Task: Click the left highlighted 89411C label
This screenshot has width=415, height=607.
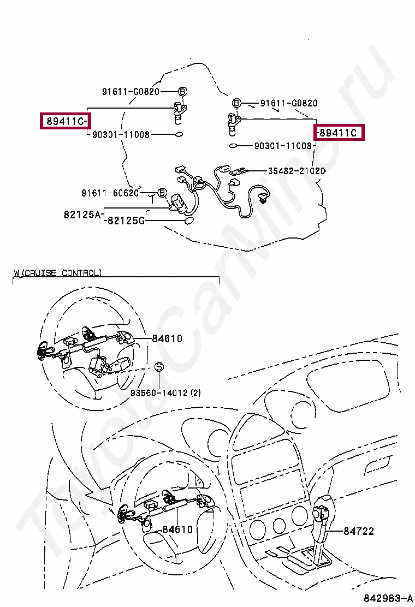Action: pos(65,121)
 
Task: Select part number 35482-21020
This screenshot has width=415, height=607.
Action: pos(297,170)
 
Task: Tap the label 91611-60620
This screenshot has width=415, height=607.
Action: pos(110,192)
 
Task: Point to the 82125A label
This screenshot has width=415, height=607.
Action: pos(82,214)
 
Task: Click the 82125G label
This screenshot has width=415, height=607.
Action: pos(126,221)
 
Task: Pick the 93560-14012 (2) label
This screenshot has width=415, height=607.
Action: pos(165,392)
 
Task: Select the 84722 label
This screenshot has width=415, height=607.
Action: pos(359,531)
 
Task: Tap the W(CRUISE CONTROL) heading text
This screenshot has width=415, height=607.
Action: pos(58,273)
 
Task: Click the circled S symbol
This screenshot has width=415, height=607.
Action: pos(159,367)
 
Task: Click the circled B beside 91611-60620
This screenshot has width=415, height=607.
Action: pos(162,192)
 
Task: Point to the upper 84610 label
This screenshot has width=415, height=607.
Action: pos(167,338)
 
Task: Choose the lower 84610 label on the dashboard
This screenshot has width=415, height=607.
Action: pos(177,529)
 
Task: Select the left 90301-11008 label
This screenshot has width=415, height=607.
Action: pos(121,134)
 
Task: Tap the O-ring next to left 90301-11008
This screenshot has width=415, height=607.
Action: pos(179,135)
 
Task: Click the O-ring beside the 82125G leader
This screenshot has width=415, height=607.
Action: pos(188,221)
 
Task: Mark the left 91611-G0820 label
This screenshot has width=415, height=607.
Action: pos(131,91)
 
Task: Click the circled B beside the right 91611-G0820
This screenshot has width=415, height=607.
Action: pos(236,103)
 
